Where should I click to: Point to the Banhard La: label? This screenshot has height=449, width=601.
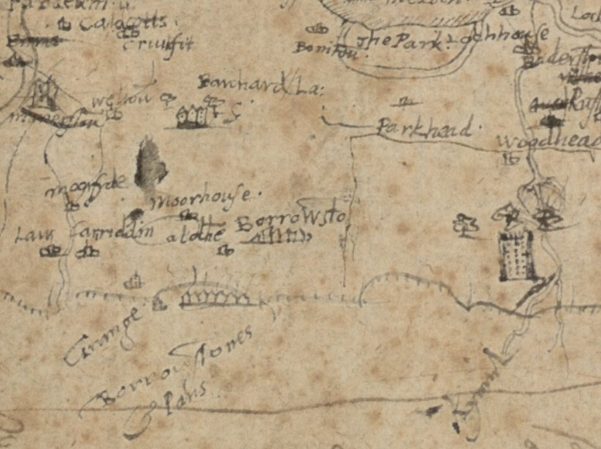pyautogui.click(x=260, y=84)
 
